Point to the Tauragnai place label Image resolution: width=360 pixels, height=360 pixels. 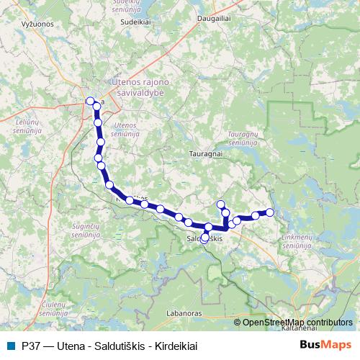click(205, 153)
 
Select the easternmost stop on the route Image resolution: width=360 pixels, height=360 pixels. click(270, 212)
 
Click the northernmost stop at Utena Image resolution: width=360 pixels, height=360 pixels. click(90, 102)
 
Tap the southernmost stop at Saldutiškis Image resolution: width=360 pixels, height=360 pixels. click(204, 239)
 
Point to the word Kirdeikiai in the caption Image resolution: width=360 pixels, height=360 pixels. click(176, 345)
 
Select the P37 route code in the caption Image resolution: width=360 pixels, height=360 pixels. click(31, 345)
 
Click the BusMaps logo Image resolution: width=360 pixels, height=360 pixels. click(326, 344)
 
